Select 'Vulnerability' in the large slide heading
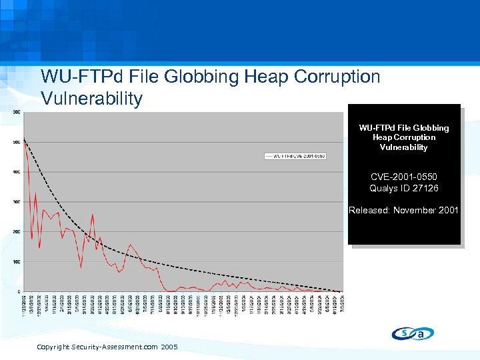(x=92, y=99)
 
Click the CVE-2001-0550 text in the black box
(x=403, y=177)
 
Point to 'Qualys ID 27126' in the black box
(x=403, y=188)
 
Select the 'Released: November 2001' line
(x=403, y=211)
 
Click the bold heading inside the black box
(x=403, y=137)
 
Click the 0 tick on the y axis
(x=18, y=292)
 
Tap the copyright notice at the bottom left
(x=107, y=347)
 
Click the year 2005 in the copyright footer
(x=169, y=347)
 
